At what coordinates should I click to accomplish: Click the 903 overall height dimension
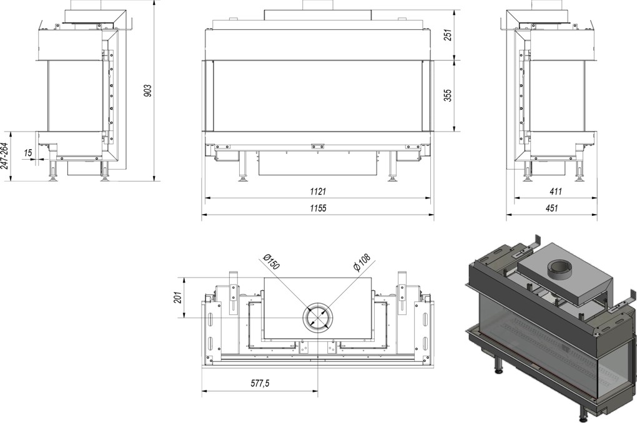147,90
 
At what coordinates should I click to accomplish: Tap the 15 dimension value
28,153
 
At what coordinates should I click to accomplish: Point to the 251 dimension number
448,36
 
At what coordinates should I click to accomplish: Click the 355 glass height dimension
448,95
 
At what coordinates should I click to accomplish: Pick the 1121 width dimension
318,191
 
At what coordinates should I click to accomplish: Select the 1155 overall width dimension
318,208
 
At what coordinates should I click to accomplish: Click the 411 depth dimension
555,191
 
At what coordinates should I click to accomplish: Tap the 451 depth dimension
551,208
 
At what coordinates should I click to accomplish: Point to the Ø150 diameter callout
272,262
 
